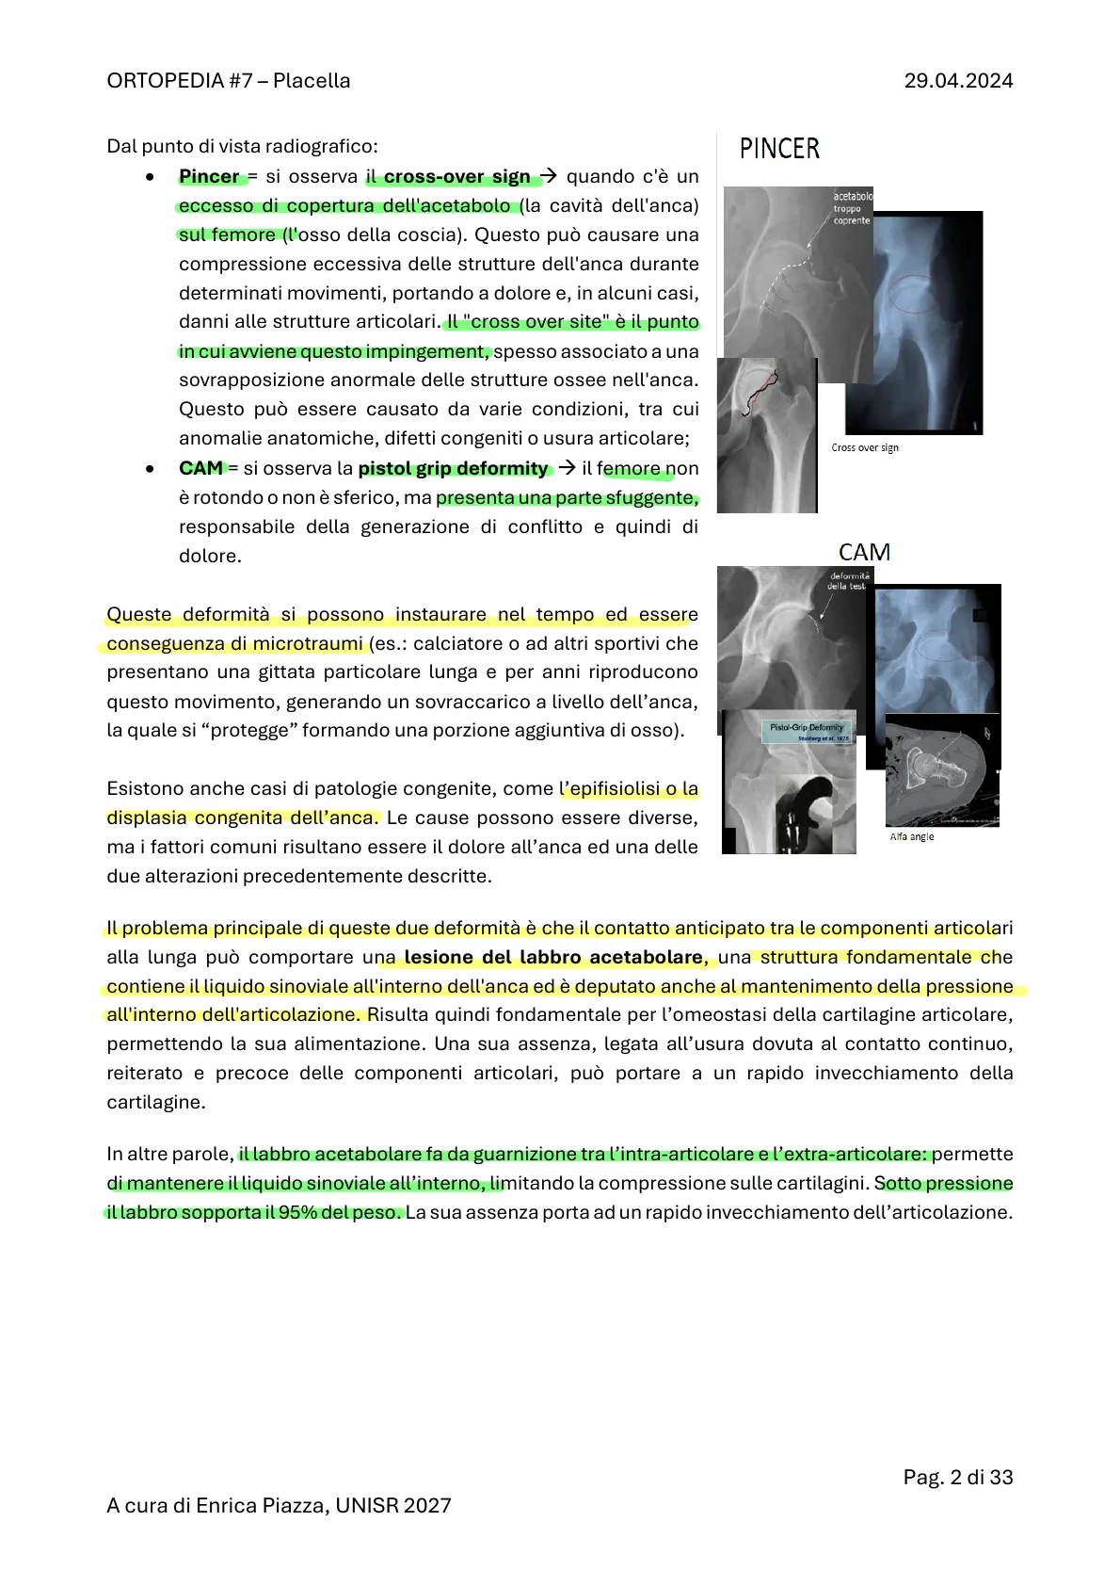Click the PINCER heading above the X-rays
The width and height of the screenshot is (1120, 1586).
779,149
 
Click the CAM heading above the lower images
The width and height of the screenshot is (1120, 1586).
864,552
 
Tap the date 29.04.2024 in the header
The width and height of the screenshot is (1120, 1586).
958,81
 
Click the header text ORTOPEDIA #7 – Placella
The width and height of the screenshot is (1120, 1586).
229,81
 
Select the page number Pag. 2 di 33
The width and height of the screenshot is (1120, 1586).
957,1477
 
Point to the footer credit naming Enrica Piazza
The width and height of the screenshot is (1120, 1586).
279,1505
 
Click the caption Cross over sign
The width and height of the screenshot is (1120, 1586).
865,447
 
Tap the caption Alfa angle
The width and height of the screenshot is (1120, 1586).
912,836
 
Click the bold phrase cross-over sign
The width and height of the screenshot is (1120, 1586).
456,176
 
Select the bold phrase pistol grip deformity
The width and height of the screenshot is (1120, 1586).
453,468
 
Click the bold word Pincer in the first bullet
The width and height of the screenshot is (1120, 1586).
209,176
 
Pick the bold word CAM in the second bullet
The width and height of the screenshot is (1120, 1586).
200,468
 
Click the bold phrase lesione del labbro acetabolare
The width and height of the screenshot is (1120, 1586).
553,957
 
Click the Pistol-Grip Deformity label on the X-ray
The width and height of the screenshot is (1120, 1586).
807,728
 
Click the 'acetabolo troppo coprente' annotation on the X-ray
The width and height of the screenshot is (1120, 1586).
852,208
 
